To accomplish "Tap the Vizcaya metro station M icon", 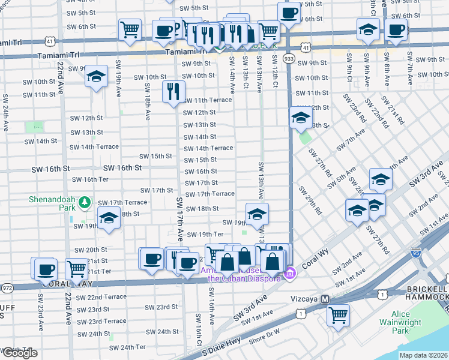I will tap(325, 299).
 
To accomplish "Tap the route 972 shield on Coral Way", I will tap(7, 287).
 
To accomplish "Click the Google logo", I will tap(19, 353).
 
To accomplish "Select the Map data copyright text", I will tap(423, 355).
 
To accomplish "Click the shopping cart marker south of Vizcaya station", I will tap(339, 314).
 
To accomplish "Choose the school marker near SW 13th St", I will tap(300, 118).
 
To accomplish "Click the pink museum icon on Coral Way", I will tap(291, 274).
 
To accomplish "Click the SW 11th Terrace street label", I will tap(207, 100).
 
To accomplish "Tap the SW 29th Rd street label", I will tap(311, 200).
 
